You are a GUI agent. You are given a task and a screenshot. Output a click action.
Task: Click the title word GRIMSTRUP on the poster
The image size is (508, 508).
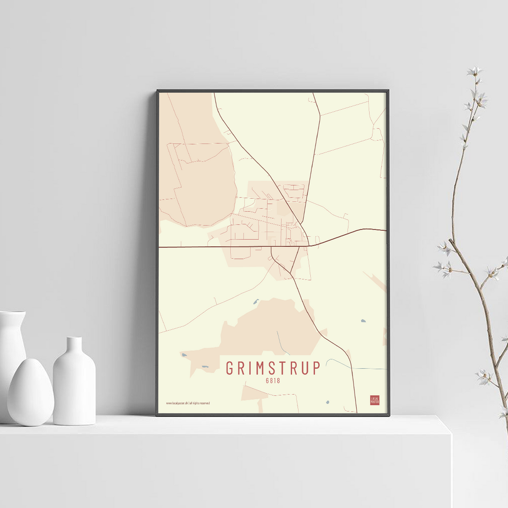pos(273,368)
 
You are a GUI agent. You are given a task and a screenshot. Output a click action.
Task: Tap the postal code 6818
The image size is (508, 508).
pos(273,380)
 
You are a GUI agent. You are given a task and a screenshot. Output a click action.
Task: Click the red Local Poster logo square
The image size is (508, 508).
pos(374,400)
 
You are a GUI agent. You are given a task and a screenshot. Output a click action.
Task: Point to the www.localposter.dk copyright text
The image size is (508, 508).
pos(188,403)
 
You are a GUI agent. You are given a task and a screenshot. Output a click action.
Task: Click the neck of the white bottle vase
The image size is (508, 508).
pos(74,346)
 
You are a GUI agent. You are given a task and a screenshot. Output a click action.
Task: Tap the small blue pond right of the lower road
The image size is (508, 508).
pos(363,321)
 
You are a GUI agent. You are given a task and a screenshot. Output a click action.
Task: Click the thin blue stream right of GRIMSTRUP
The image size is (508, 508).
pos(356,366)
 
